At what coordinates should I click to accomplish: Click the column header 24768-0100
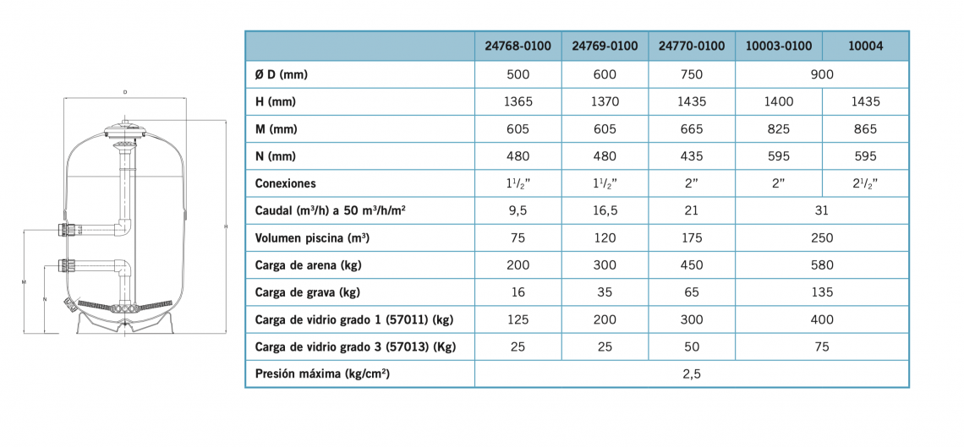click(518, 46)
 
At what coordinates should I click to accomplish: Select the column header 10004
click(865, 46)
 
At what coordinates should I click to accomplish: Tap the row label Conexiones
click(285, 183)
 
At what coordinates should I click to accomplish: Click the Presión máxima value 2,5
click(692, 374)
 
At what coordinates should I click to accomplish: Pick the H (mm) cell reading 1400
click(778, 102)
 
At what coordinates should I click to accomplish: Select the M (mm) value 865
click(865, 129)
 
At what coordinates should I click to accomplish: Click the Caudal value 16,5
click(605, 210)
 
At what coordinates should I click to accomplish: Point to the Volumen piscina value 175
click(692, 237)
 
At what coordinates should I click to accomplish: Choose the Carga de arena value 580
click(822, 265)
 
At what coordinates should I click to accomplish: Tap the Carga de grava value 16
click(518, 292)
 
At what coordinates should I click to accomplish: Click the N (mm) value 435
click(692, 156)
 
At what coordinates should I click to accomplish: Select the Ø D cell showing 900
click(822, 75)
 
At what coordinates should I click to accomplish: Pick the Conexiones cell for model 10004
click(865, 183)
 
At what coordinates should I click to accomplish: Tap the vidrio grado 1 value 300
click(692, 319)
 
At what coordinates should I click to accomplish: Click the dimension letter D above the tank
click(125, 92)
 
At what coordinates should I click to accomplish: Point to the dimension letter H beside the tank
click(227, 227)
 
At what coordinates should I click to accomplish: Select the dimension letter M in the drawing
click(23, 282)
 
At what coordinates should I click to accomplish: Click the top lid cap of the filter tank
click(125, 130)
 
